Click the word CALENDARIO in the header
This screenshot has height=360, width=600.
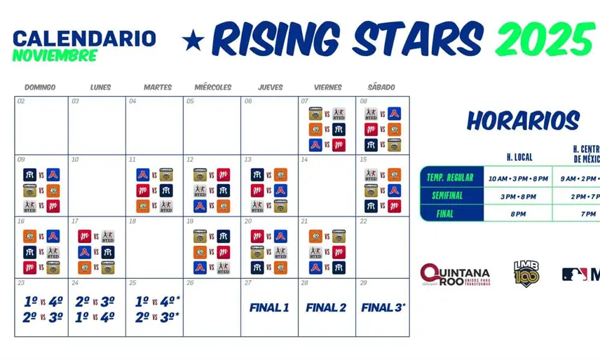(x=84, y=39)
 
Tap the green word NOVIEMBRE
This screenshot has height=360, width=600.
(x=54, y=56)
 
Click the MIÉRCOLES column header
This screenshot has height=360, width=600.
(x=212, y=88)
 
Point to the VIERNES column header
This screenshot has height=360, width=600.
(x=327, y=88)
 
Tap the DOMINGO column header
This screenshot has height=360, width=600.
(x=40, y=88)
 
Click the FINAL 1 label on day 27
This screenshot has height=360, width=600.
(x=269, y=307)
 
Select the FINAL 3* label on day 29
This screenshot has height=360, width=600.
(x=383, y=307)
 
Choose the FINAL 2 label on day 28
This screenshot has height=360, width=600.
(x=326, y=307)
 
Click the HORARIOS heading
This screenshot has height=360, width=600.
(x=523, y=121)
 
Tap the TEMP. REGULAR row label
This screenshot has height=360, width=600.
(x=450, y=178)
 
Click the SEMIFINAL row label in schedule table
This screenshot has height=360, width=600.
(x=450, y=196)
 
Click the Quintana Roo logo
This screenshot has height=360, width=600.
(x=454, y=274)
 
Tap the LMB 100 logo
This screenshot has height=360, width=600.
(x=526, y=273)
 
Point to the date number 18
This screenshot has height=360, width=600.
(x=132, y=221)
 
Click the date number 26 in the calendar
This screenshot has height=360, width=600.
(x=190, y=283)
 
